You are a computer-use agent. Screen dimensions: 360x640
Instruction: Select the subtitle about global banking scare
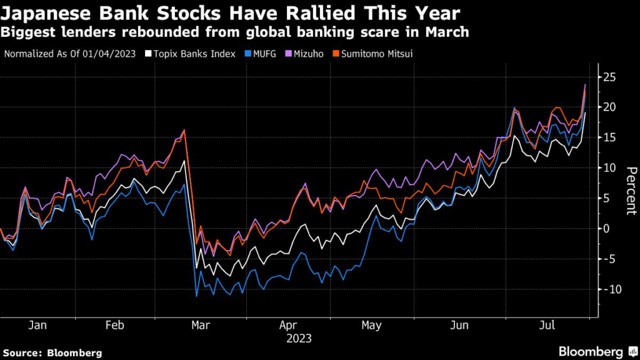pyautogui.click(x=236, y=32)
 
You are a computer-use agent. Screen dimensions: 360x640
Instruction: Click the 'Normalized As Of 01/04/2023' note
pyautogui.click(x=71, y=54)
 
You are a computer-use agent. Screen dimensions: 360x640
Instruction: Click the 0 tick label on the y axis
pyautogui.click(x=605, y=228)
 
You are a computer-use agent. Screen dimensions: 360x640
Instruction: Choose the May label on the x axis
pyautogui.click(x=371, y=326)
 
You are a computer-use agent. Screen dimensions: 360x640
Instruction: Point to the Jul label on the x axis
pyautogui.click(x=547, y=326)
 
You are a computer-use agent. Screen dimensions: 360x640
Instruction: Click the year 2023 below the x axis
pyautogui.click(x=298, y=339)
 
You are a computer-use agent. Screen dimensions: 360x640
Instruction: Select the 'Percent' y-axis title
pyautogui.click(x=631, y=191)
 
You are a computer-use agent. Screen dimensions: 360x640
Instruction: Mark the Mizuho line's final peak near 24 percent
pyautogui.click(x=585, y=84)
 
